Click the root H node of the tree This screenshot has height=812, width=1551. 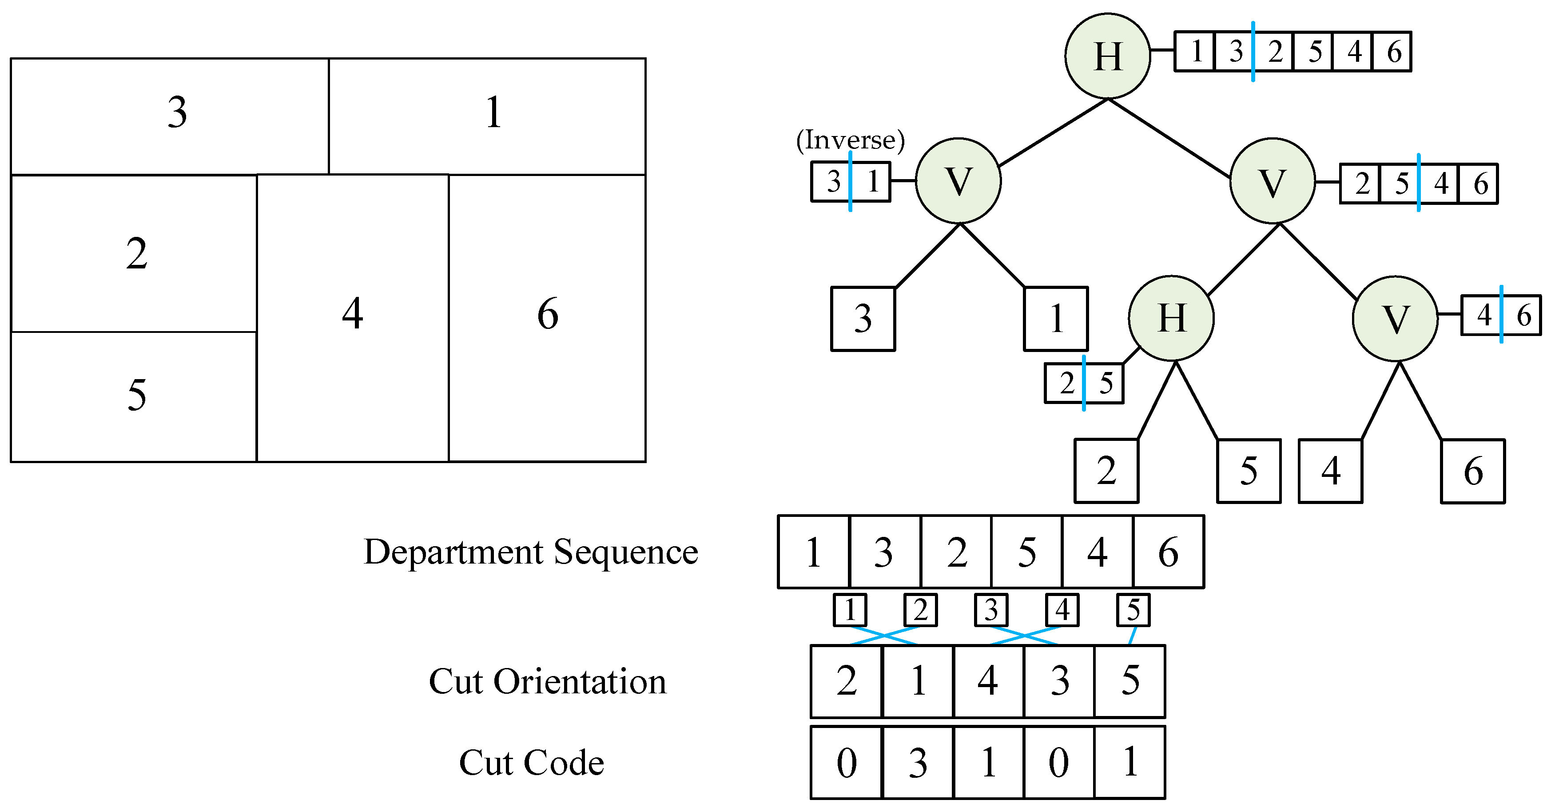1107,56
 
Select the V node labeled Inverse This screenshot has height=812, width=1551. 958,181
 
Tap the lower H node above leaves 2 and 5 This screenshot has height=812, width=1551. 1171,318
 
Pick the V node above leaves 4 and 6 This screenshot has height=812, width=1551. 1395,319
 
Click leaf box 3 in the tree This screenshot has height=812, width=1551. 863,319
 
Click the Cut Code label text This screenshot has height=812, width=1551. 531,763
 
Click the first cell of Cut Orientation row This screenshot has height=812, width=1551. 846,681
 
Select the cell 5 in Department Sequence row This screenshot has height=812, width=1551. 1026,552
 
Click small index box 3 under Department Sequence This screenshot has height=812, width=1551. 991,610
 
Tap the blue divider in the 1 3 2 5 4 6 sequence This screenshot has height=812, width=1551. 1253,51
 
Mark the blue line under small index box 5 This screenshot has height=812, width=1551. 1132,636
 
